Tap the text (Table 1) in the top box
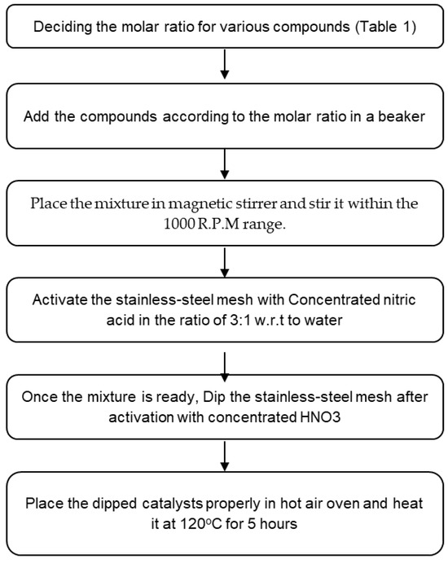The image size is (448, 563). click(x=386, y=27)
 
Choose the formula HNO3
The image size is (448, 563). click(x=320, y=417)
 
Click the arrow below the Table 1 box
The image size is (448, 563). click(x=225, y=64)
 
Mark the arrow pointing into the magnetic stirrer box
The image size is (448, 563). click(x=225, y=164)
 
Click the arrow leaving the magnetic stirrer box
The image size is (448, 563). click(x=225, y=263)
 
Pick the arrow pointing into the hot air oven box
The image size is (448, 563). click(x=225, y=456)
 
